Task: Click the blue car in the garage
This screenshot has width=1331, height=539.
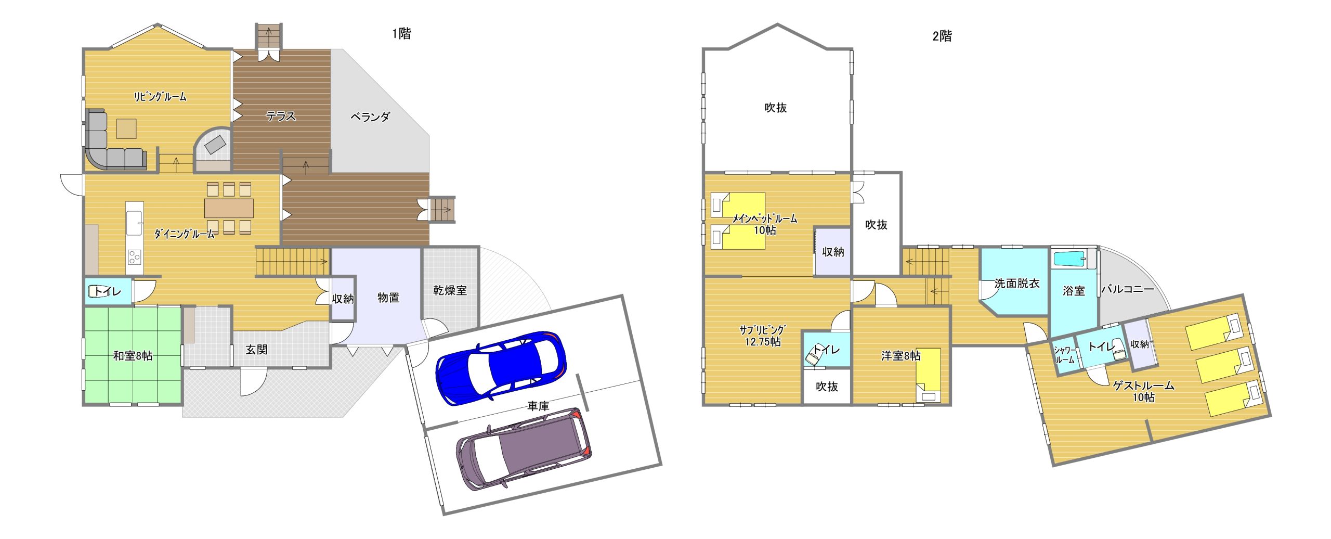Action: click(500, 368)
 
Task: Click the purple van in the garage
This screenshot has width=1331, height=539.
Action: click(524, 448)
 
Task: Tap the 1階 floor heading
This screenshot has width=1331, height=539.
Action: click(401, 34)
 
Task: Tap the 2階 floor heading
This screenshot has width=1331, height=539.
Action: click(942, 36)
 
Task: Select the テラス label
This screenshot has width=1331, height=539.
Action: click(281, 116)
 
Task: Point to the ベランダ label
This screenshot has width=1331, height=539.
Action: click(370, 117)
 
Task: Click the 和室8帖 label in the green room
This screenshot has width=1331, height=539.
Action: click(133, 356)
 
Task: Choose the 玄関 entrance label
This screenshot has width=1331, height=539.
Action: click(257, 350)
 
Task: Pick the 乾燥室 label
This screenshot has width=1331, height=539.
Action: click(450, 290)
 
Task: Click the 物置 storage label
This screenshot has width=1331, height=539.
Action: click(388, 298)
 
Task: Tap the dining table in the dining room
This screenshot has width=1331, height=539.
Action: click(229, 208)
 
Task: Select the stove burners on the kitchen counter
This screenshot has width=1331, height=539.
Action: click(134, 257)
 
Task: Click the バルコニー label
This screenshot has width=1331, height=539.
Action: click(1127, 289)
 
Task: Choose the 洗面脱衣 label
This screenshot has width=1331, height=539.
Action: click(1017, 284)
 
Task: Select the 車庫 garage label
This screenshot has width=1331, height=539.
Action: click(538, 406)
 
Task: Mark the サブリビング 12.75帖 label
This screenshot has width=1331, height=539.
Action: click(763, 336)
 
